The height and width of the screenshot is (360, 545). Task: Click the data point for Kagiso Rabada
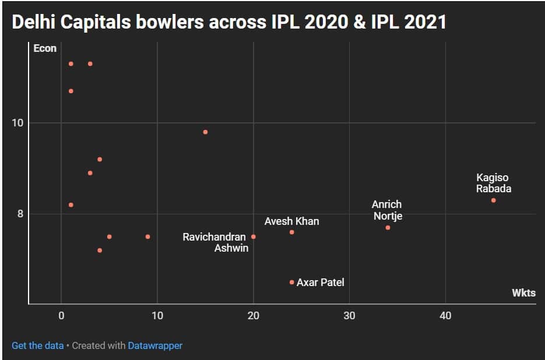[x=493, y=200]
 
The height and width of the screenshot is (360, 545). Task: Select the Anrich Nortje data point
[x=388, y=227]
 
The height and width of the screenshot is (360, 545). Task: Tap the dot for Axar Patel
[x=291, y=282]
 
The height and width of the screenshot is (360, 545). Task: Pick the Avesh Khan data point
[x=291, y=232]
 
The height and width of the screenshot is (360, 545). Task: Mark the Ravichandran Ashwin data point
[x=253, y=237]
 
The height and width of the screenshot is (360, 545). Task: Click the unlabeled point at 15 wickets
[x=205, y=132]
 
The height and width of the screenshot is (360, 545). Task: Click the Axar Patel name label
[x=320, y=283]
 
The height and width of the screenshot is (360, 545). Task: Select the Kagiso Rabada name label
[x=493, y=183]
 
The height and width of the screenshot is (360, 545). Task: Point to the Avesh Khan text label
[x=291, y=221]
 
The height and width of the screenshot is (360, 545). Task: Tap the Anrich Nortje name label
[x=387, y=210]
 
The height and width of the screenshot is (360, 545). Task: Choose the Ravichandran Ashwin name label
[x=215, y=242]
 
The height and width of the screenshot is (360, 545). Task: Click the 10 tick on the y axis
[x=18, y=123]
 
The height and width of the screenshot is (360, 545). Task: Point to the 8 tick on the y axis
[x=20, y=214]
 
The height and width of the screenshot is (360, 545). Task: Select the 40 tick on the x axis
[x=445, y=315]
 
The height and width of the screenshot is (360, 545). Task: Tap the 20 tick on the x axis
[x=253, y=315]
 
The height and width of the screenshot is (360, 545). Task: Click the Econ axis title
[x=45, y=48]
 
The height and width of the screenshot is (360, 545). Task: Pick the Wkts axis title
[x=523, y=293]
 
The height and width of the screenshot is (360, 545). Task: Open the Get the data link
[x=37, y=345]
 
